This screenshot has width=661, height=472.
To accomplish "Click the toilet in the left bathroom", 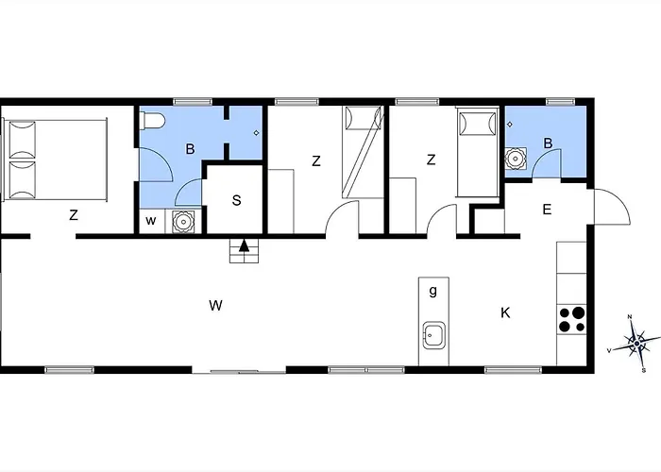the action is (x=153, y=121).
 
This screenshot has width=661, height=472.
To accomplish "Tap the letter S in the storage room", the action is (x=236, y=200).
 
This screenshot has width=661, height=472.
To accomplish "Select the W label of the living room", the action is (x=215, y=305).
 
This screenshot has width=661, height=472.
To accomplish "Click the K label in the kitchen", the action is (x=505, y=312).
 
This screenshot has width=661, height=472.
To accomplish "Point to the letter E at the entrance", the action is (x=547, y=210).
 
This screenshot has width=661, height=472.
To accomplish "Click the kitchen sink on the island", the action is (x=433, y=335).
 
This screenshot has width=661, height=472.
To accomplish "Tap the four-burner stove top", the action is (x=571, y=319).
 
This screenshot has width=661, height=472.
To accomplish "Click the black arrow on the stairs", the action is (x=244, y=245).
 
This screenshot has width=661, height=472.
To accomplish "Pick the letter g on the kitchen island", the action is (x=432, y=291).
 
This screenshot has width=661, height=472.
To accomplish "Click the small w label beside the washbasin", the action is (x=151, y=220).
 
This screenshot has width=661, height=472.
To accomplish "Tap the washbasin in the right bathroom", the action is (x=516, y=159).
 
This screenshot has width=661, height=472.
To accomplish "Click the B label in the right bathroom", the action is (x=548, y=143).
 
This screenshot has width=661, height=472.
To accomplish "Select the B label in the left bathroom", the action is (x=190, y=149).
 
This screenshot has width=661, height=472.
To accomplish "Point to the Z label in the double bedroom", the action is (x=74, y=215).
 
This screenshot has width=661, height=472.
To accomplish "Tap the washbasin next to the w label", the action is (x=183, y=221).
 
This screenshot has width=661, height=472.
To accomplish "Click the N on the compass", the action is (x=630, y=316).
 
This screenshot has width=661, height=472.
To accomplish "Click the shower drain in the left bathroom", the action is (x=256, y=133).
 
